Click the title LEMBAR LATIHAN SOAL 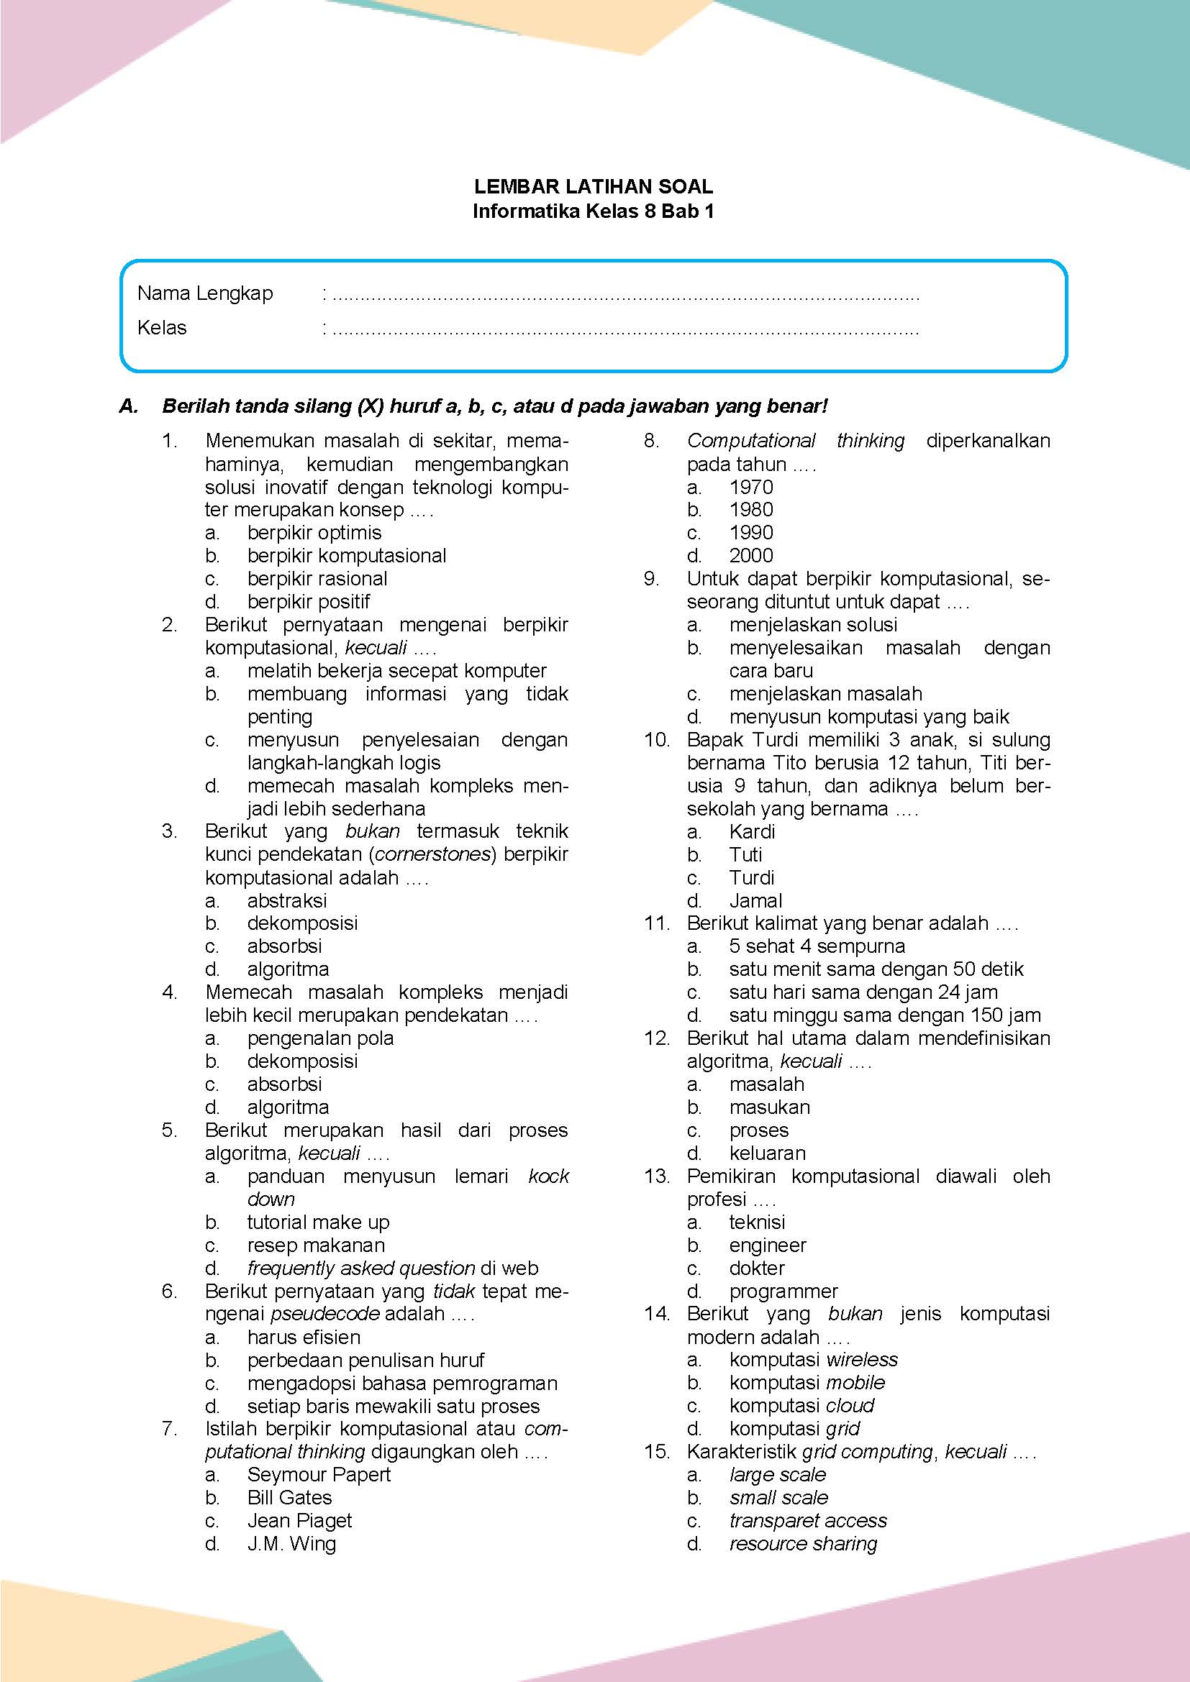coord(594,186)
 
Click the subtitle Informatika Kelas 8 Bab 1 coord(594,211)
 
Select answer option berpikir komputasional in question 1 coord(347,555)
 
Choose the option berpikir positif coord(309,601)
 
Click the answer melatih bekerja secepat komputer coord(396,670)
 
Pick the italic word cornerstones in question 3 coord(432,854)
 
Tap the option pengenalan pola coord(320,1038)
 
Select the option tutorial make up coord(318,1222)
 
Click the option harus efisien coord(304,1337)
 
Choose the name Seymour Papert coord(319,1475)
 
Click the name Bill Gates coord(289,1497)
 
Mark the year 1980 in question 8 coord(751,509)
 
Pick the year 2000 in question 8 coord(751,555)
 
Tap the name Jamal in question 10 coord(755,900)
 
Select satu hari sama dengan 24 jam coord(863,992)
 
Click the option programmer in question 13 coord(784,1291)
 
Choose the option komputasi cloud coord(801,1406)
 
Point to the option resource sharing coord(803,1543)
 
